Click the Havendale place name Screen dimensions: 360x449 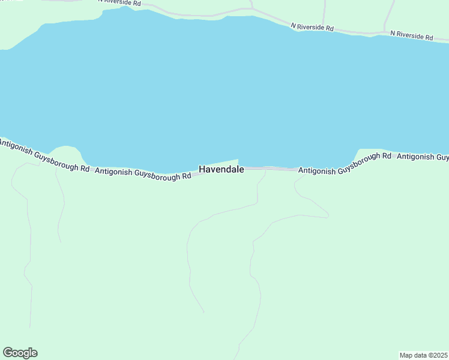[x=221, y=169]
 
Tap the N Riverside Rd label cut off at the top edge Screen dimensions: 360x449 [x=120, y=3]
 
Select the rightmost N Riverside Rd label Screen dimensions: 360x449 [x=411, y=35]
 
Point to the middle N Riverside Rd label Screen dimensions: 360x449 [x=312, y=27]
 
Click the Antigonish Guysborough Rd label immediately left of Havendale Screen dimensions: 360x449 [x=143, y=174]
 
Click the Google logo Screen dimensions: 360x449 [x=20, y=353]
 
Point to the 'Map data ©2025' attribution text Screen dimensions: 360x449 [x=423, y=355]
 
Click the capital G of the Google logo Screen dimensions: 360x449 [x=8, y=353]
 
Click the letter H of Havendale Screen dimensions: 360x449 [x=202, y=169]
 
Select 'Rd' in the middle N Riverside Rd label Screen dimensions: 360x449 [x=329, y=28]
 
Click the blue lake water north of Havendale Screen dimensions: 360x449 [x=222, y=90]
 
